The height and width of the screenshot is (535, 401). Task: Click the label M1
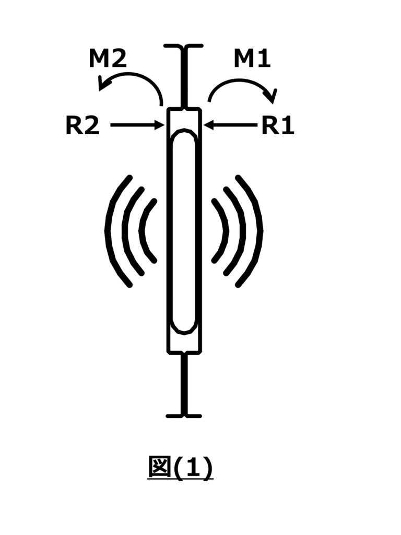tap(252, 60)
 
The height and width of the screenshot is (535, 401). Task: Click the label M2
tap(108, 60)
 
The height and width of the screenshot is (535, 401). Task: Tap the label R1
tap(278, 126)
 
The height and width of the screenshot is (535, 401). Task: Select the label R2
tap(82, 126)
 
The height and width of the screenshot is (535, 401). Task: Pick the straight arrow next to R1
tap(230, 125)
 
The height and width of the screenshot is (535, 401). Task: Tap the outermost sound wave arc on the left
tap(109, 230)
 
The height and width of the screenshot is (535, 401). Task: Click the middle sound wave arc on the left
tap(125, 230)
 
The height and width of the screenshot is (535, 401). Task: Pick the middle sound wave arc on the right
tap(242, 230)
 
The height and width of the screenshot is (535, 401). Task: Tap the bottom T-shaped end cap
tap(183, 415)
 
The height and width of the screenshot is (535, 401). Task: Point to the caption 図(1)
tap(180, 468)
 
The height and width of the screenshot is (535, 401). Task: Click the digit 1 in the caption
tap(193, 468)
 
